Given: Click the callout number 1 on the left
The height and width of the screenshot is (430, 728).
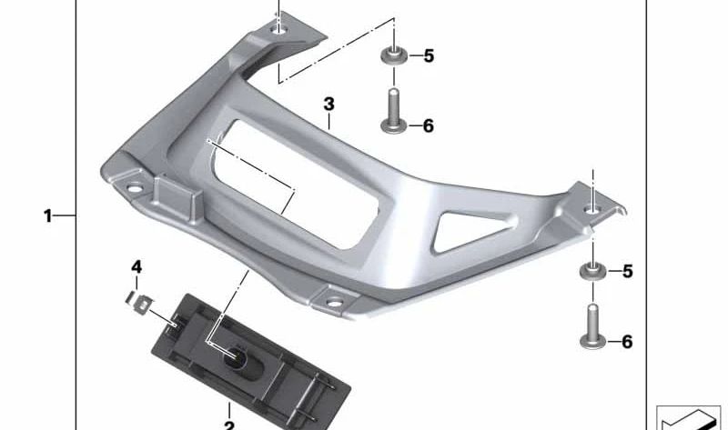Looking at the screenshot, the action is (48, 215).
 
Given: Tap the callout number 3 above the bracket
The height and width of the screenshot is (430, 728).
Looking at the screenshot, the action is (329, 104).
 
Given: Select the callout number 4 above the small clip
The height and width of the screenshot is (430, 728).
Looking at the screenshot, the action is (136, 266).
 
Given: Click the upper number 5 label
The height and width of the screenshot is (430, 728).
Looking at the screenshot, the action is (429, 56).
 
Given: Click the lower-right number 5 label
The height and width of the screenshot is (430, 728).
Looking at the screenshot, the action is (628, 271).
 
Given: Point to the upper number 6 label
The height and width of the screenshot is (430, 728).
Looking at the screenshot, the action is (428, 125).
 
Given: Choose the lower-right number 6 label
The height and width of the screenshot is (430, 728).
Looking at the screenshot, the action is (627, 342).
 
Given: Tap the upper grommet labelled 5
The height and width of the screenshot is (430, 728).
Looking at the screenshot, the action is (394, 55).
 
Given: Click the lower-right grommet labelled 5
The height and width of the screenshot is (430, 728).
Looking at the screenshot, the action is (593, 270).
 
